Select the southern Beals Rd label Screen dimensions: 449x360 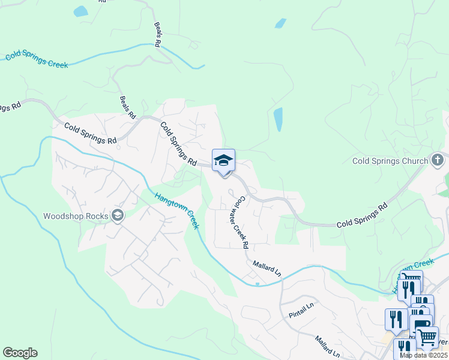[128, 107]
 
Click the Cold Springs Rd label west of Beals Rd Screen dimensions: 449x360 [91, 134]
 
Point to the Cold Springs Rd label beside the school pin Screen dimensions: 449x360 [178, 144]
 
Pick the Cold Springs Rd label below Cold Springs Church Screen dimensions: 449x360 [361, 215]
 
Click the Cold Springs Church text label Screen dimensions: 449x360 [390, 161]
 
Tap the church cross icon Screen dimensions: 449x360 [437, 160]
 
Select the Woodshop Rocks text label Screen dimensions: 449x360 [76, 217]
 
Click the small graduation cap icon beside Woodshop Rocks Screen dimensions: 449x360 [118, 216]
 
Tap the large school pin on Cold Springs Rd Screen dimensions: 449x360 [223, 161]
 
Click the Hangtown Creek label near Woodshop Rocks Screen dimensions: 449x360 [176, 210]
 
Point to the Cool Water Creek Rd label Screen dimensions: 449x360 [242, 222]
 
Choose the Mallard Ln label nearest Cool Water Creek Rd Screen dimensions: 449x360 [267, 268]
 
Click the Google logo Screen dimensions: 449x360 [20, 353]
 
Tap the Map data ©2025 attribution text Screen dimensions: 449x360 [424, 355]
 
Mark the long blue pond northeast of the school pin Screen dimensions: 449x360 [279, 119]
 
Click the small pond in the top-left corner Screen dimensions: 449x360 [80, 11]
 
